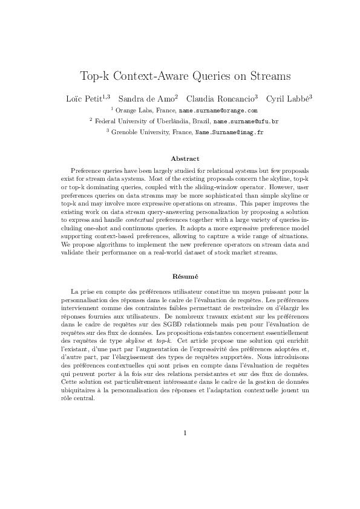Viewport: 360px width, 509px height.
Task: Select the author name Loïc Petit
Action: tap(83, 98)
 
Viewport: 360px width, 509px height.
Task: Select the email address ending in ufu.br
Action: tap(246, 121)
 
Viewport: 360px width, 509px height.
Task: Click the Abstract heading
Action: tap(185, 158)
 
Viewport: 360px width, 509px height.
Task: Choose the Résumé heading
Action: tap(185, 276)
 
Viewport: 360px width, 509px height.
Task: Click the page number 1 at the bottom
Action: tap(185, 432)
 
